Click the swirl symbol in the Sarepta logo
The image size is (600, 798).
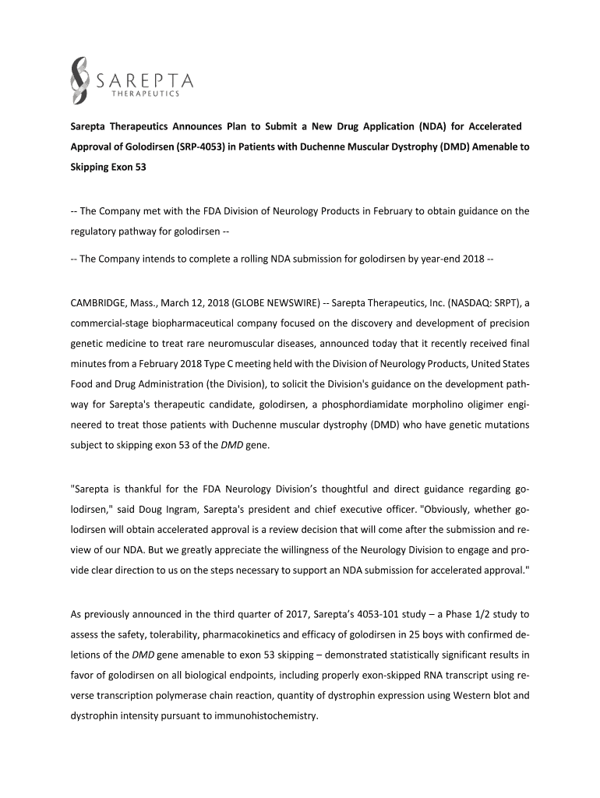80,79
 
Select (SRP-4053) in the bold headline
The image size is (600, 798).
208,147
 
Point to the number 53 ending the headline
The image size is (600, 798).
138,168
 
